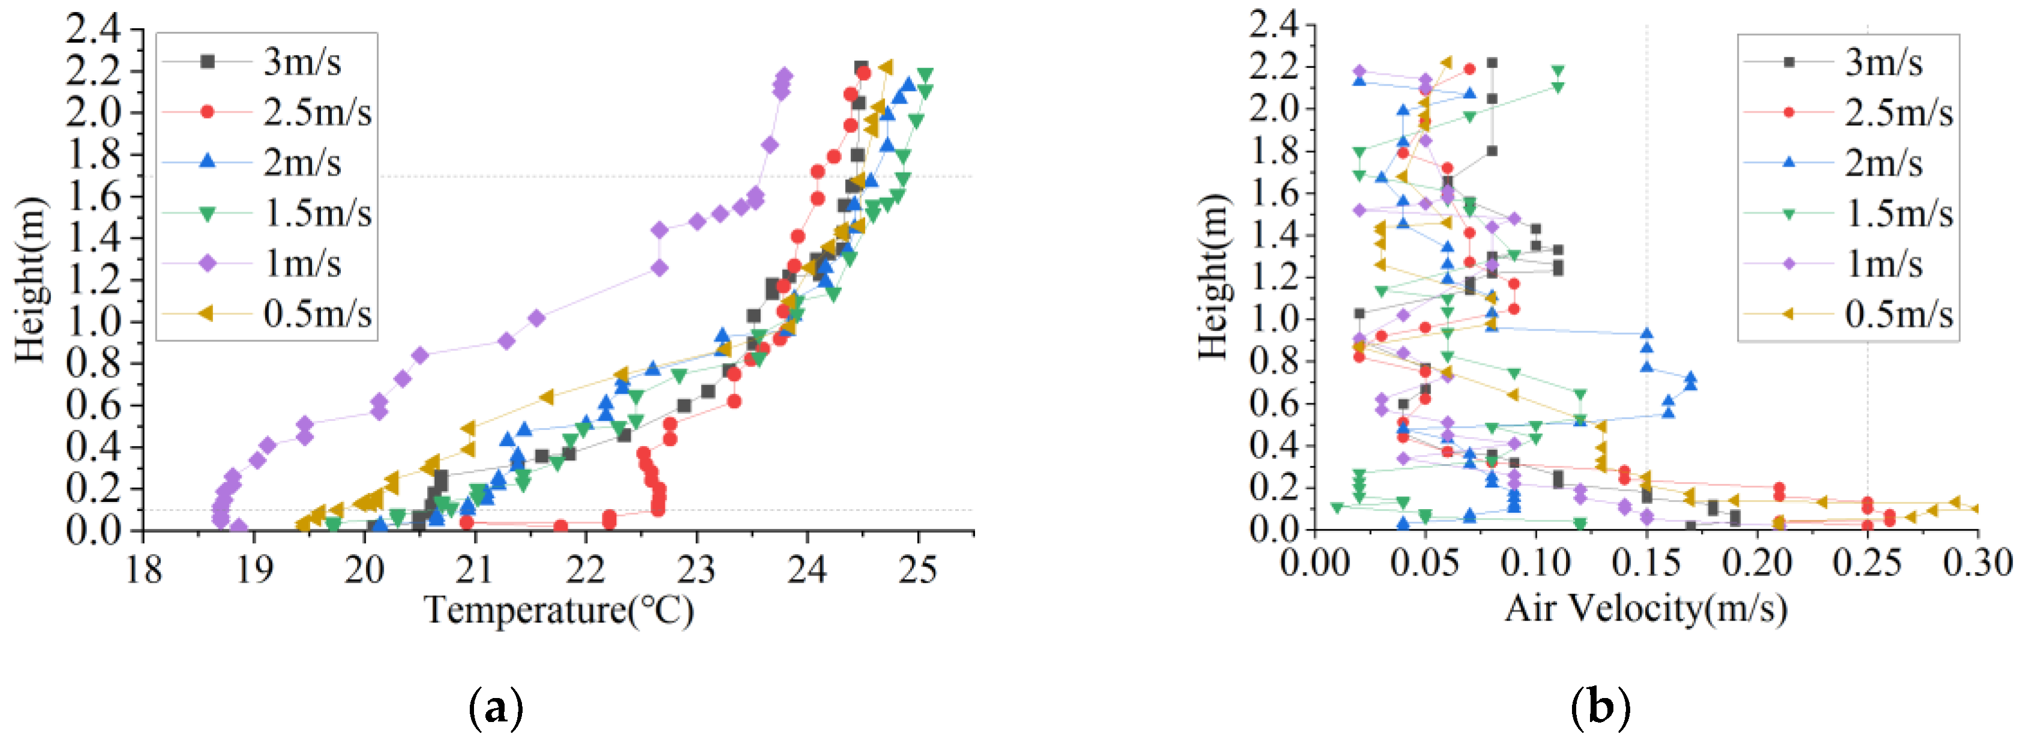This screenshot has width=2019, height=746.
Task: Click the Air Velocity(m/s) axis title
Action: coord(1646,608)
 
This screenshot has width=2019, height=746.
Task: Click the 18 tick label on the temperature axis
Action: coord(144,570)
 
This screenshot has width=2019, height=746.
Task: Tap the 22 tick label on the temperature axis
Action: coord(586,570)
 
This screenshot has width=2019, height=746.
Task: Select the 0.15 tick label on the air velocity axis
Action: coord(1646,564)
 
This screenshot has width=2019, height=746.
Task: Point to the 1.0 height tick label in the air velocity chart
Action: coord(1274,319)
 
